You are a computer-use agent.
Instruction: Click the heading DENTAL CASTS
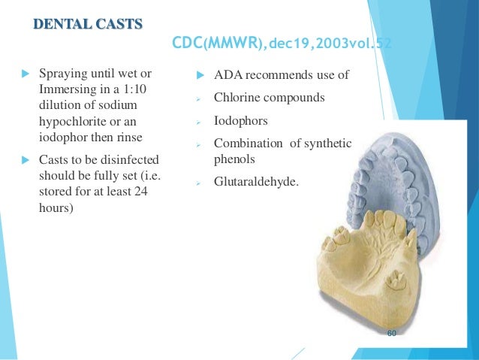click(x=87, y=24)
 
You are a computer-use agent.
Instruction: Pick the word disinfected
click(x=131, y=160)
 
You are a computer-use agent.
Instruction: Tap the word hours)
click(x=56, y=207)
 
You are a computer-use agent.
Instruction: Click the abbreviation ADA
click(x=228, y=76)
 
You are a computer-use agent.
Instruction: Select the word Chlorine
click(x=239, y=98)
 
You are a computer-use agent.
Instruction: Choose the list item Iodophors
click(x=240, y=120)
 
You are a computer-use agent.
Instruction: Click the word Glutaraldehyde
click(x=255, y=181)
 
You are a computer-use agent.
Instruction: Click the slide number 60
click(x=392, y=333)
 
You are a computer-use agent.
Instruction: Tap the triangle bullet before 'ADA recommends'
click(x=200, y=76)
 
